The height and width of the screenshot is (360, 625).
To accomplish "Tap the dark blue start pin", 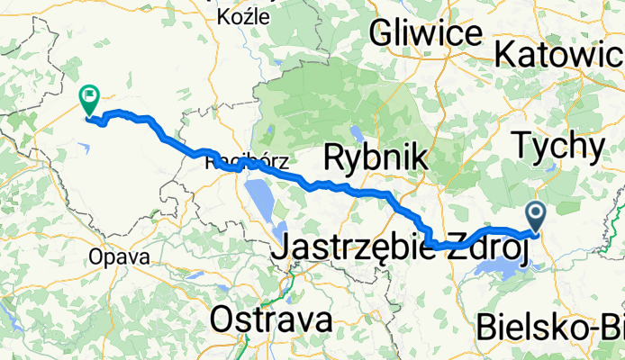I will pyautogui.click(x=536, y=217).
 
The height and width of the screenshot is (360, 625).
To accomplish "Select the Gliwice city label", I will pyautogui.click(x=424, y=34).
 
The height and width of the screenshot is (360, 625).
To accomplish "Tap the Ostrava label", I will pyautogui.click(x=271, y=319).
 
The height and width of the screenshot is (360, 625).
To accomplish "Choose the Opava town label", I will pyautogui.click(x=113, y=256).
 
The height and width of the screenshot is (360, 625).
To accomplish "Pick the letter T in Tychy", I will pyautogui.click(x=521, y=144).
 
